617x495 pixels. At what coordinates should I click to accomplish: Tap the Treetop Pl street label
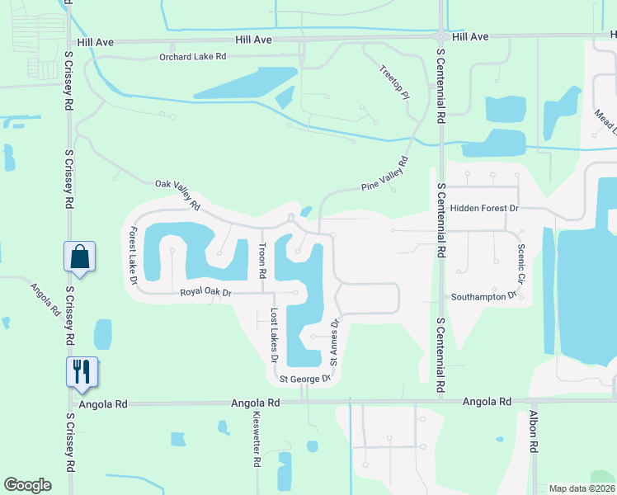pyautogui.click(x=394, y=82)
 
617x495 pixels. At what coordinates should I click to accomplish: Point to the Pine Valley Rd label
pyautogui.click(x=384, y=174)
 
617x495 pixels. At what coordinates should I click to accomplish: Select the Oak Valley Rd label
pyautogui.click(x=178, y=193)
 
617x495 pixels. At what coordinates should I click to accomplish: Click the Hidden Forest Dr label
pyautogui.click(x=484, y=209)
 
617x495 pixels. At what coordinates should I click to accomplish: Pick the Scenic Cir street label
pyautogui.click(x=520, y=259)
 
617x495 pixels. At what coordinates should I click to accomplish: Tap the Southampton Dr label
pyautogui.click(x=483, y=295)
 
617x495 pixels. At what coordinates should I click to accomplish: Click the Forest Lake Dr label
pyautogui.click(x=132, y=256)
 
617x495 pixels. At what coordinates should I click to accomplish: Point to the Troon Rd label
pyautogui.click(x=262, y=261)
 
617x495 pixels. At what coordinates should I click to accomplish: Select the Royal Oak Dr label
pyautogui.click(x=207, y=292)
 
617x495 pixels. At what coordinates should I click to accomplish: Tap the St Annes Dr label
pyautogui.click(x=335, y=342)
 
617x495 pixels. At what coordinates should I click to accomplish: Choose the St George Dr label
pyautogui.click(x=304, y=379)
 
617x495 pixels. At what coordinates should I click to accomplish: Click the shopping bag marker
pyautogui.click(x=80, y=257)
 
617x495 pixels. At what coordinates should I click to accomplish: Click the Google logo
pyautogui.click(x=28, y=485)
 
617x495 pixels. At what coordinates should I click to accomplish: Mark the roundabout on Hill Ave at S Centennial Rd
pyautogui.click(x=442, y=36)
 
